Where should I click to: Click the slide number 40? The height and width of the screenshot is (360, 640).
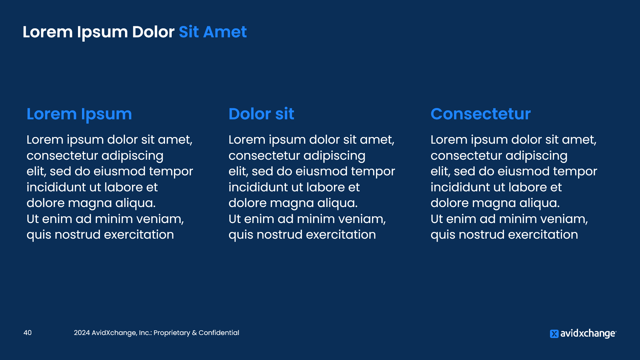click(x=28, y=333)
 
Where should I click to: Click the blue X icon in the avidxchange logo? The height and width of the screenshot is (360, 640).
click(x=554, y=334)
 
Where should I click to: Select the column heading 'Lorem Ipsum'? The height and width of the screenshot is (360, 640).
click(x=79, y=114)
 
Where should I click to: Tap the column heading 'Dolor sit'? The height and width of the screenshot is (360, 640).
click(x=261, y=114)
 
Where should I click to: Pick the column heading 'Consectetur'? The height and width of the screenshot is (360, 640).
click(x=480, y=114)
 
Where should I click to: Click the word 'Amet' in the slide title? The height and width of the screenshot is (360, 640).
click(x=225, y=32)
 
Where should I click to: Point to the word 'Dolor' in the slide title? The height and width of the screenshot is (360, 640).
click(x=153, y=32)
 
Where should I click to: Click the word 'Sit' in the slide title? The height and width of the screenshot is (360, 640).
click(x=189, y=32)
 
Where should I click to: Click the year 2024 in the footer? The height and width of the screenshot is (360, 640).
click(x=82, y=333)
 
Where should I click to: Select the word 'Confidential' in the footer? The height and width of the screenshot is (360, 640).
click(x=219, y=333)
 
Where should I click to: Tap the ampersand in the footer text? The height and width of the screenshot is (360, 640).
click(x=194, y=333)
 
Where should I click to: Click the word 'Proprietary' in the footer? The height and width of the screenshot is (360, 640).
click(x=172, y=333)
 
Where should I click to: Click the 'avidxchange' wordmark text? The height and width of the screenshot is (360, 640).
click(x=588, y=334)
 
